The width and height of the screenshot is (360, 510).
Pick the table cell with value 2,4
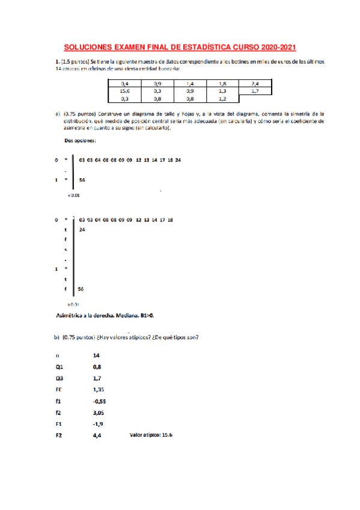[x=254, y=83]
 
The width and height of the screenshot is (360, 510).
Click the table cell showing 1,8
[x=222, y=83]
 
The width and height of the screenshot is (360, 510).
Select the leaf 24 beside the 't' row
[x=82, y=230]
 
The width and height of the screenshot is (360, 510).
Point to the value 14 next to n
[x=96, y=356]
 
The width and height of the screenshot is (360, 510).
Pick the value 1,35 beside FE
[x=99, y=389]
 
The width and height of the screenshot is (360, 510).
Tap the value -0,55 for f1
[x=99, y=401]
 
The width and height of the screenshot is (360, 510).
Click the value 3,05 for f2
[x=99, y=413]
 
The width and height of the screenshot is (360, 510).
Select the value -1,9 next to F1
[x=98, y=424]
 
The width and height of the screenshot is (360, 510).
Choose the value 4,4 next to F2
[x=97, y=435]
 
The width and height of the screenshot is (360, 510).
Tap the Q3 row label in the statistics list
[x=58, y=378]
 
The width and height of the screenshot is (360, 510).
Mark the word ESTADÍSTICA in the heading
[x=196, y=47]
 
